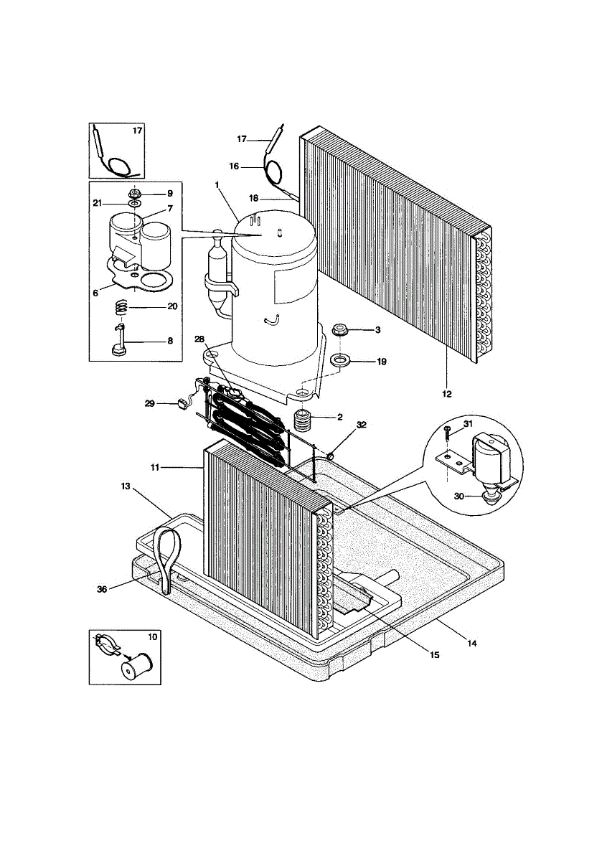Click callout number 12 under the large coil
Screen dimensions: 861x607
point(446,392)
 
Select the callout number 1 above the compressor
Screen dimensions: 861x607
point(215,184)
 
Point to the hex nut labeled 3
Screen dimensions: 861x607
point(340,331)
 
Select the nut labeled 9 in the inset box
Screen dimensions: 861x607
point(134,194)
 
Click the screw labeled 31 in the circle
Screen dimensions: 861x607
point(447,432)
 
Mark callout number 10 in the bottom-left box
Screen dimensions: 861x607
point(151,636)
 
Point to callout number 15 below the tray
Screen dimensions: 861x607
point(434,654)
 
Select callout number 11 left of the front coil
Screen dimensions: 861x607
point(155,467)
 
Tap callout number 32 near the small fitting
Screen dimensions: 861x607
point(361,425)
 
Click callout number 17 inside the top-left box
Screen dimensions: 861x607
point(137,131)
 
